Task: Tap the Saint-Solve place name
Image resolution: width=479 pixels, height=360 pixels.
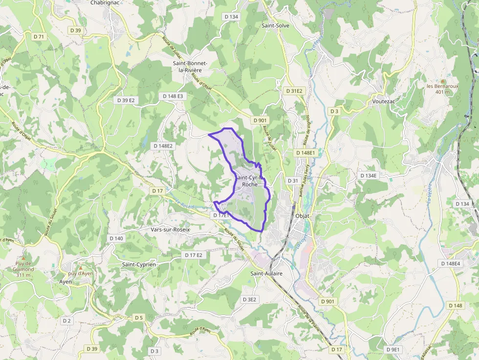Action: coord(275,25)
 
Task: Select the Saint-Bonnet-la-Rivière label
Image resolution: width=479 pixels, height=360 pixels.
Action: coord(191,67)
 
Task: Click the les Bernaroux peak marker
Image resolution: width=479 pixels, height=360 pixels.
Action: coord(443,81)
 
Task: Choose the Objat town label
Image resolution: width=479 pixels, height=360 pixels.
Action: coord(304,215)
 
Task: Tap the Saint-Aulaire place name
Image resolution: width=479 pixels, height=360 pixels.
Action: coord(266,274)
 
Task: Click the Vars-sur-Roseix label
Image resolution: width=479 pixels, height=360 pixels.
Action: coord(170,229)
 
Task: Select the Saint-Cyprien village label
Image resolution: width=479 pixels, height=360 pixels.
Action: coord(139,264)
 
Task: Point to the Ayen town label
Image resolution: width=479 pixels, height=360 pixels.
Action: coord(65,282)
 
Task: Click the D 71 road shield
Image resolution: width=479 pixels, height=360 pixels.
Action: coord(39,37)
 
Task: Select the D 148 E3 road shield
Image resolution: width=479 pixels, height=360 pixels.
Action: coord(173,96)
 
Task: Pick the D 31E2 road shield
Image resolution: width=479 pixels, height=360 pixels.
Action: coord(294,91)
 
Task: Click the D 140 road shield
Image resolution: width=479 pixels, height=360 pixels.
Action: coord(116,238)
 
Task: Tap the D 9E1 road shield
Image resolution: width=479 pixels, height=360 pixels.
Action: coord(392,350)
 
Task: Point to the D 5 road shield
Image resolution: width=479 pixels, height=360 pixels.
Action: coord(139,318)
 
